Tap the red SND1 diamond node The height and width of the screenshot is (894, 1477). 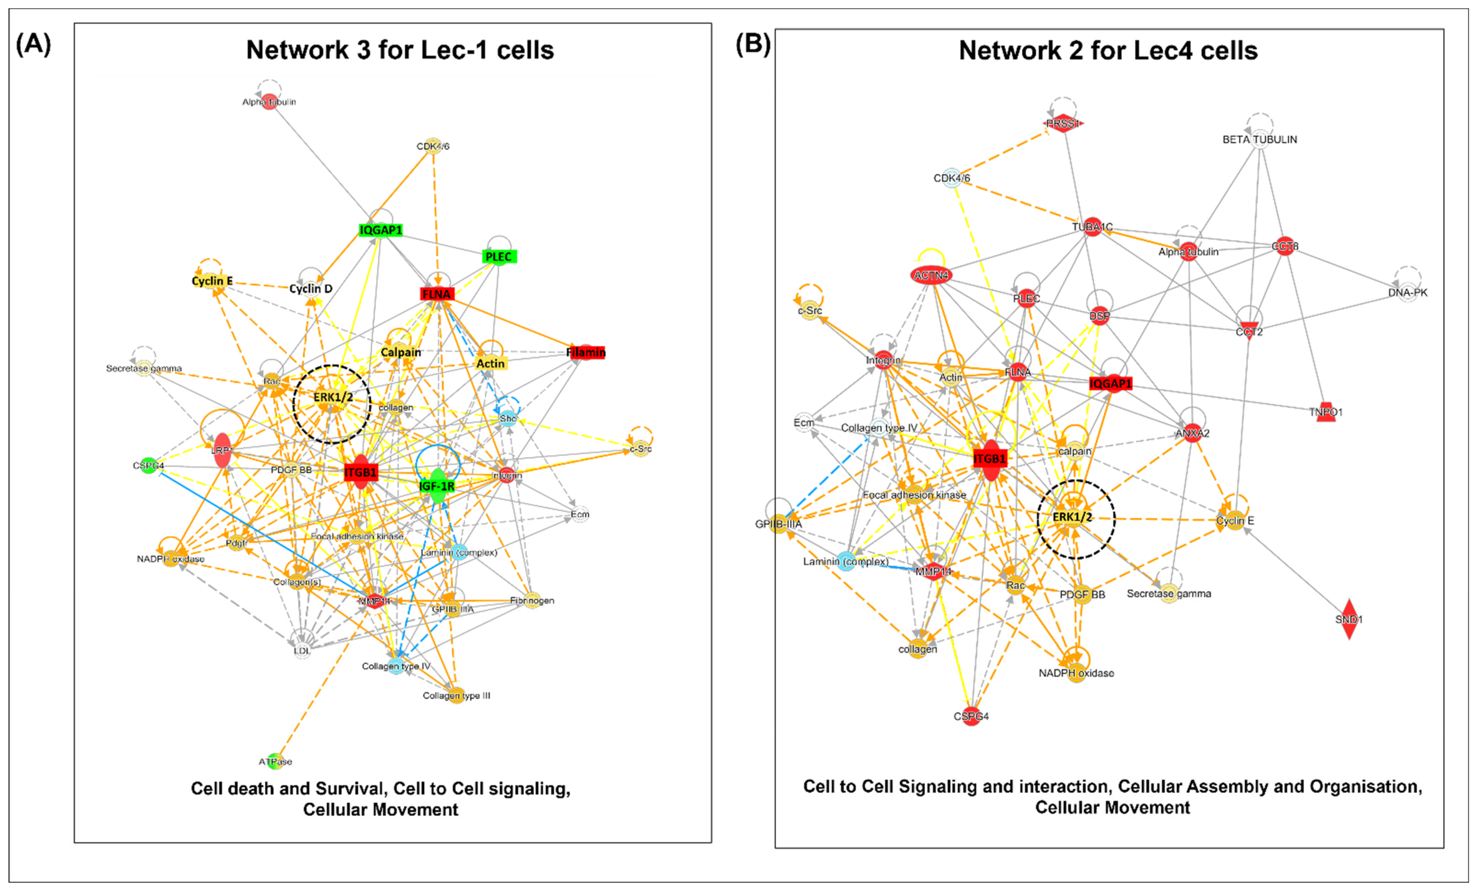(x=1349, y=619)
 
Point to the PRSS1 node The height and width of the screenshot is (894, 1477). (x=1063, y=123)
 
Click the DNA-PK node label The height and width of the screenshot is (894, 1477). (x=1408, y=293)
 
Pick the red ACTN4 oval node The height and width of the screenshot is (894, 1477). (x=931, y=275)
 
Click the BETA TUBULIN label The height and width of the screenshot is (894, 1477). (x=1259, y=139)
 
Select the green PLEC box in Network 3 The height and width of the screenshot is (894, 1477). (x=499, y=257)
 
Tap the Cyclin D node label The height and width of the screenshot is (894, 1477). (x=310, y=289)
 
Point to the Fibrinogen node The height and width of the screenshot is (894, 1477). (x=532, y=600)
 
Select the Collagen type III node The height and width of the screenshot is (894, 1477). (x=456, y=695)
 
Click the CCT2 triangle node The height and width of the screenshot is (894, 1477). (x=1249, y=331)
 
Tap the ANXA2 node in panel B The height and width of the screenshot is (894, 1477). (x=1192, y=433)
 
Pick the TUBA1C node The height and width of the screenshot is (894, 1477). (x=1092, y=227)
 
